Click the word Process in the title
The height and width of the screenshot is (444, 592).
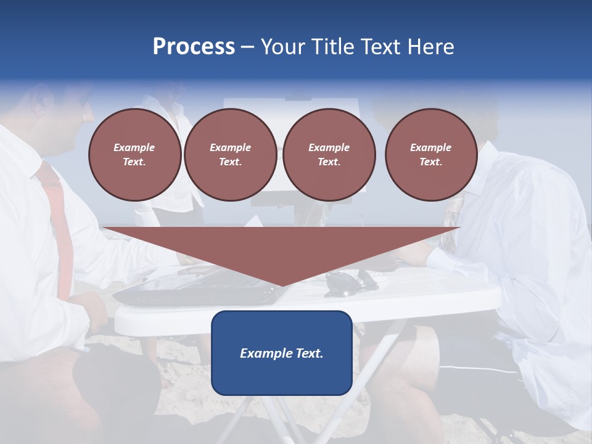click(x=194, y=47)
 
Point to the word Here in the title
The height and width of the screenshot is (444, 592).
click(x=430, y=47)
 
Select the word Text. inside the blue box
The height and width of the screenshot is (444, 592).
click(x=309, y=353)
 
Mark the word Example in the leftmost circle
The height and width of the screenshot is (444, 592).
click(x=134, y=147)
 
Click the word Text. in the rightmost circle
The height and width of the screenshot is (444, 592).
click(x=431, y=162)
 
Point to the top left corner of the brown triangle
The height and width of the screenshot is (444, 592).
click(x=104, y=228)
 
